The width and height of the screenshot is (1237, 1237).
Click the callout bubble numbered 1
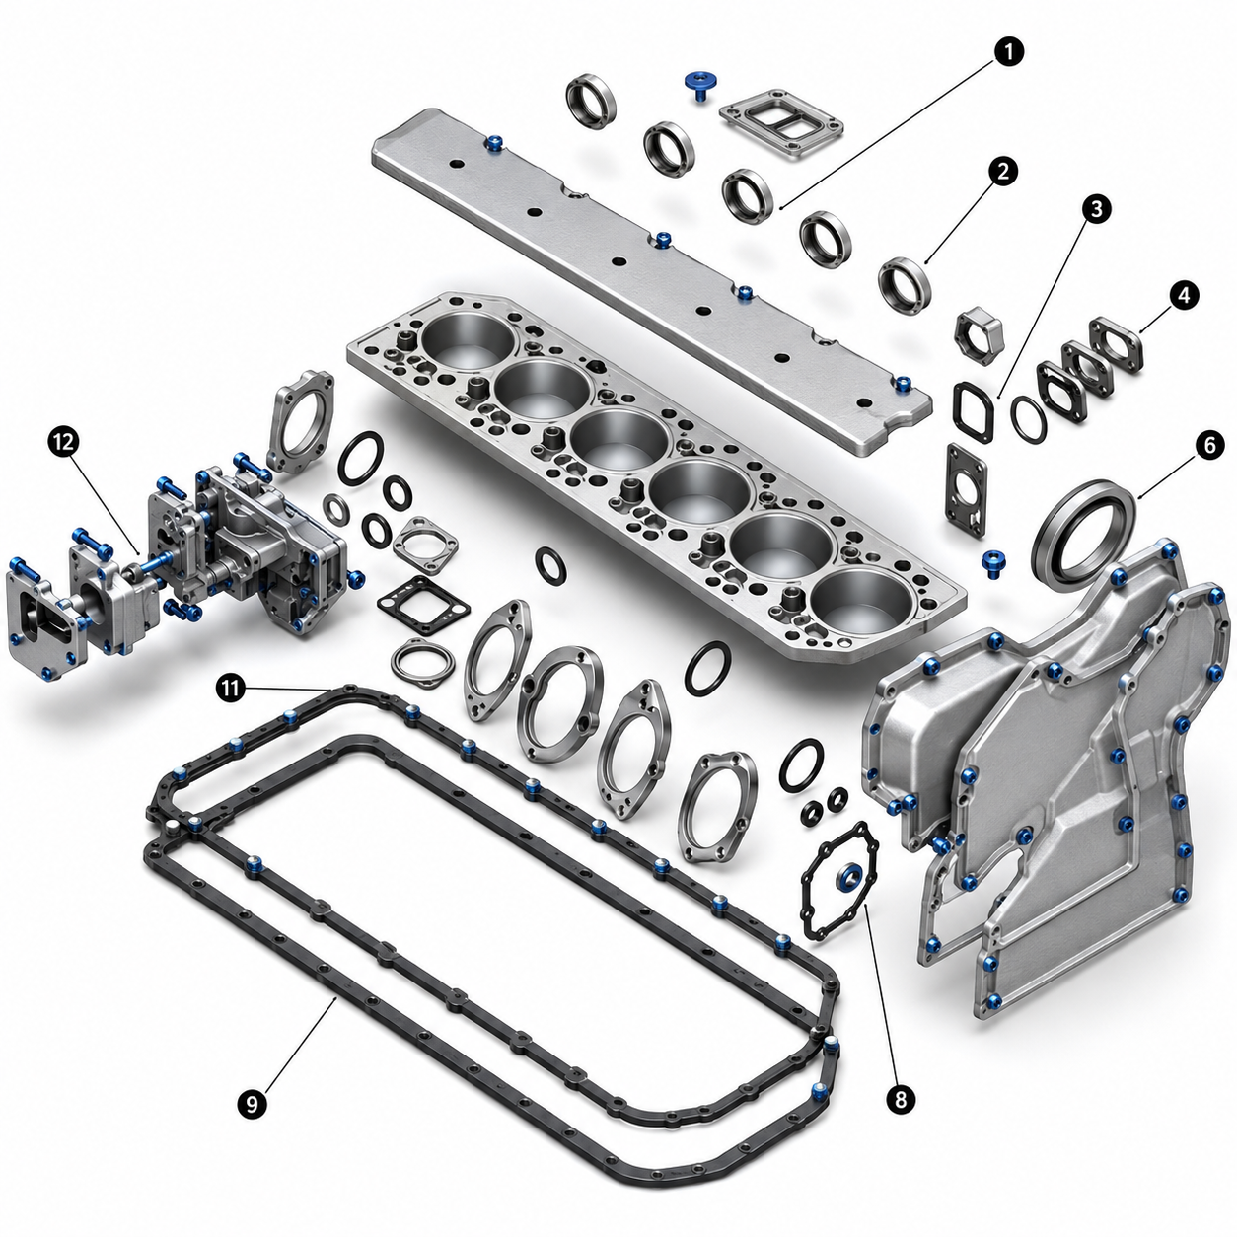pos(1008,52)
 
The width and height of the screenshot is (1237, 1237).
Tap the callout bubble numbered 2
pos(1003,171)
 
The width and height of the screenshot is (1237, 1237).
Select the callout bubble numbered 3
pos(1095,209)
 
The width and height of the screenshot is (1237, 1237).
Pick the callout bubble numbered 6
pos(1210,445)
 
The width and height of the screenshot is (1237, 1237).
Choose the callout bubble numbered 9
pos(252,1104)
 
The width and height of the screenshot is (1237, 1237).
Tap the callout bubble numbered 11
pos(231,689)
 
